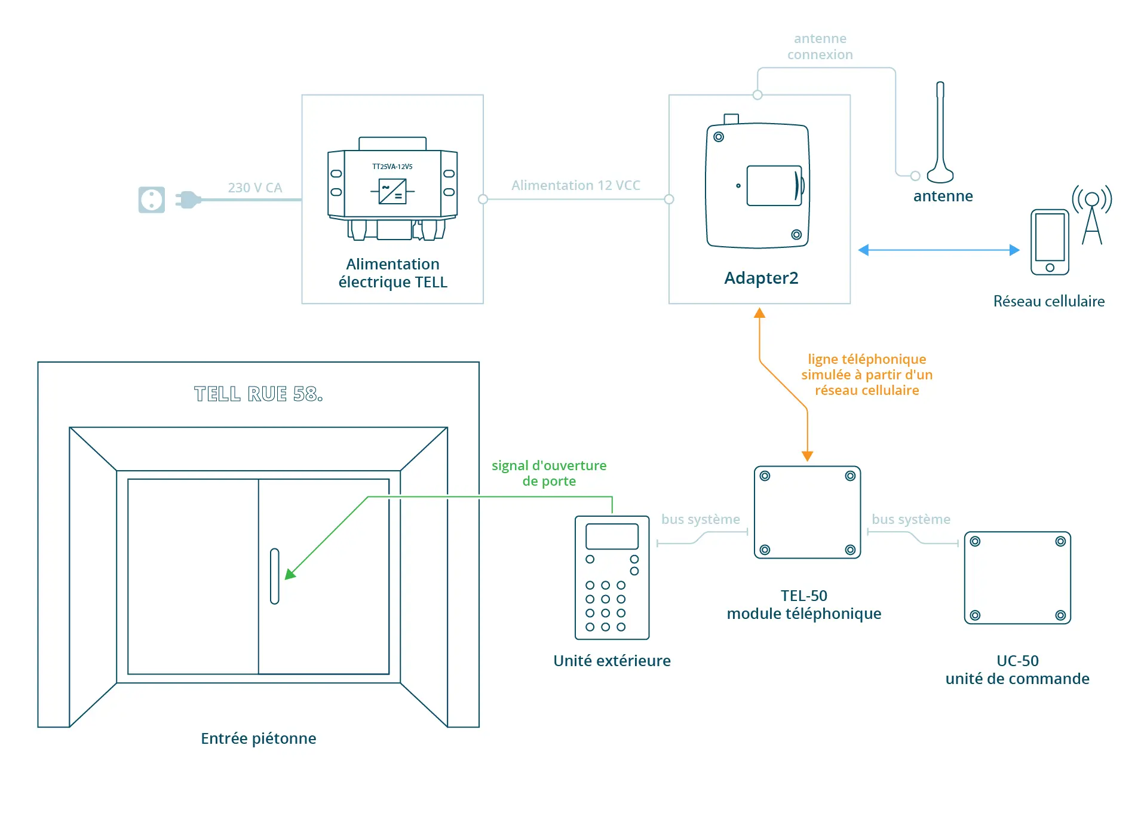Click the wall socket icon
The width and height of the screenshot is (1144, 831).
tap(151, 200)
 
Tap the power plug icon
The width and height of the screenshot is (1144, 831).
tap(188, 200)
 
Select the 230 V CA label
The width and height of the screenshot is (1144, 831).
tap(254, 188)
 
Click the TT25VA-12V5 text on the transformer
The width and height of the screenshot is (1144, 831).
tap(392, 167)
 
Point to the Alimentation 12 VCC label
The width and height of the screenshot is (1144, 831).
tap(575, 185)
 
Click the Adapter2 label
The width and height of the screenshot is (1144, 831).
tap(760, 278)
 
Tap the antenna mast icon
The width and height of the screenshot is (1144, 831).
tap(940, 134)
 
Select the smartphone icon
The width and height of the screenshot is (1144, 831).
tap(1049, 242)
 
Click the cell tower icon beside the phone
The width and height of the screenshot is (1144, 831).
tap(1091, 215)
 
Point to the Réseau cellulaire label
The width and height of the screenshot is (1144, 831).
tap(1048, 301)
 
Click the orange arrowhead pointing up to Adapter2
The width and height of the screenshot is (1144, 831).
tap(759, 313)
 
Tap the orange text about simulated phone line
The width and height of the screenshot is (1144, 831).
tap(866, 375)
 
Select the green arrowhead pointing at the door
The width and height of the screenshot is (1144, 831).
tap(290, 574)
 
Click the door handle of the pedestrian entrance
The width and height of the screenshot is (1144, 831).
tap(274, 576)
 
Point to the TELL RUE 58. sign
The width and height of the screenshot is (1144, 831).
tap(258, 394)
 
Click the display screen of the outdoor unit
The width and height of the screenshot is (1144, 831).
tap(612, 536)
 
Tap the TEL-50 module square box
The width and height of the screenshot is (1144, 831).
tap(806, 512)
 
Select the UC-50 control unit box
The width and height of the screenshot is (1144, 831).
tap(1017, 578)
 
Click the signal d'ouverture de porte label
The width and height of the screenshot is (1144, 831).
tap(548, 473)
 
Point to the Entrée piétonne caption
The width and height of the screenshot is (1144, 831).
tap(258, 738)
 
